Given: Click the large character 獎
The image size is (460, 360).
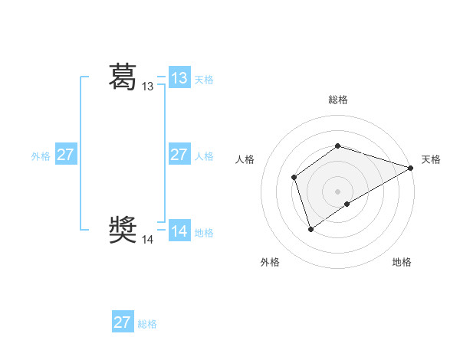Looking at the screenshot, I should click(x=123, y=230).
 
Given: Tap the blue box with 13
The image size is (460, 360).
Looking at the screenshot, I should click(x=179, y=78).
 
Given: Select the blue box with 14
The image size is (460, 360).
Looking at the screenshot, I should click(x=179, y=231).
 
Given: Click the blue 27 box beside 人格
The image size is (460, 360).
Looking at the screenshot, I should click(x=179, y=155).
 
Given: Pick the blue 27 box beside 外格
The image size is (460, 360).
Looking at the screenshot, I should click(x=66, y=155).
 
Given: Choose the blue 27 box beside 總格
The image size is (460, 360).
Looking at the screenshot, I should click(x=123, y=322).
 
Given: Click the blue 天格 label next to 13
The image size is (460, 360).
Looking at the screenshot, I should click(x=204, y=80).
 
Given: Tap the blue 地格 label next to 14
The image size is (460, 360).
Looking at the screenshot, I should click(x=204, y=233).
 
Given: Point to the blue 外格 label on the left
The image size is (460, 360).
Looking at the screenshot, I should click(x=41, y=156).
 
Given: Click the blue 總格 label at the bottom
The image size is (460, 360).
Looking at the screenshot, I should click(x=147, y=324).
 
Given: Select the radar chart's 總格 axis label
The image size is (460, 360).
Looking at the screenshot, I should click(x=338, y=100).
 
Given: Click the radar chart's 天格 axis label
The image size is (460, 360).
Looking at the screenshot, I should click(x=431, y=159).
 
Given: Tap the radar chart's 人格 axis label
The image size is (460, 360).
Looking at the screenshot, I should click(x=245, y=159).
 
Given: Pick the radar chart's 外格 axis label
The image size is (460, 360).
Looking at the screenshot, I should click(x=270, y=262).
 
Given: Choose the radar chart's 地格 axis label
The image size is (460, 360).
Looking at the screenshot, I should click(x=402, y=262).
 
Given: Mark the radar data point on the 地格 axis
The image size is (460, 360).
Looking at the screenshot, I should click(x=347, y=204).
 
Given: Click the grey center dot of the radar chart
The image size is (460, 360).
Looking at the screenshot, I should click(x=338, y=191).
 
